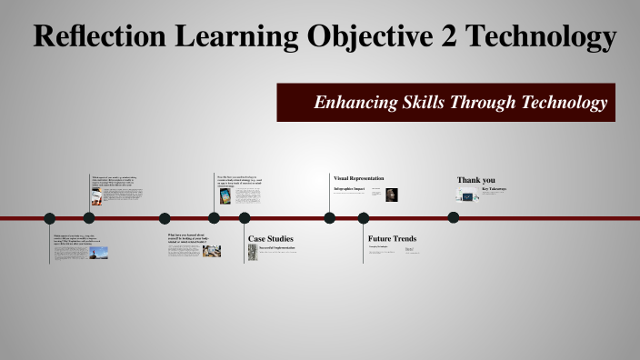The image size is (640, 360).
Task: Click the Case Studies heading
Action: [x=271, y=239]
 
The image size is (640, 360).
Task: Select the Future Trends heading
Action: [x=392, y=239]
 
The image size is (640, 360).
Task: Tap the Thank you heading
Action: [x=476, y=179]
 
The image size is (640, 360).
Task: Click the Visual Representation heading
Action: [x=358, y=178]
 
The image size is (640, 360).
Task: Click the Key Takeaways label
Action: [x=494, y=189]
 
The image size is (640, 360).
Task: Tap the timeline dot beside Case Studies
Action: [x=245, y=218]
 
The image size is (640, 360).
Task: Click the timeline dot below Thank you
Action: [x=453, y=218]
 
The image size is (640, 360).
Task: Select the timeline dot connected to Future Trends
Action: [x=364, y=218]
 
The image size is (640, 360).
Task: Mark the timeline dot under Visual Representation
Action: [x=330, y=218]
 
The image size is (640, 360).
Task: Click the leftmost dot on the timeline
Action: [x=50, y=218]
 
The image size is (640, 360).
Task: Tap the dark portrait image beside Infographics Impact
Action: [x=392, y=195]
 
